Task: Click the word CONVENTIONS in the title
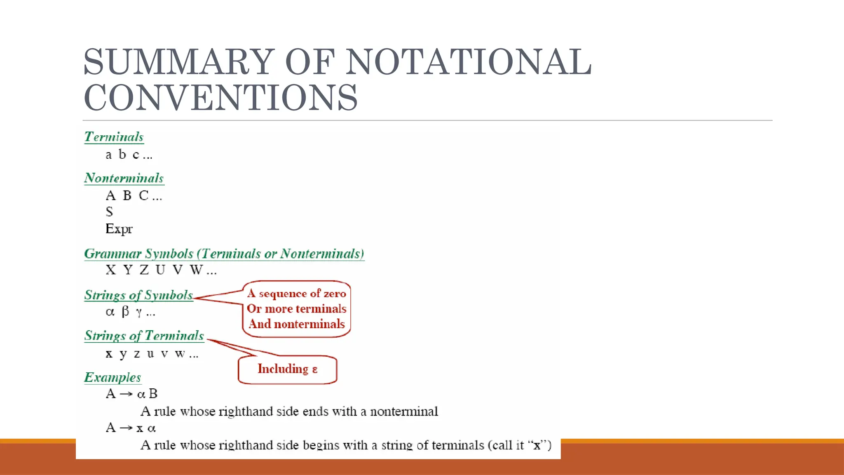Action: pyautogui.click(x=221, y=97)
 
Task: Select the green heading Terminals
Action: pyautogui.click(x=114, y=137)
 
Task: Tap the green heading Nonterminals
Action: pyautogui.click(x=124, y=178)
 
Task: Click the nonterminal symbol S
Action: pyautogui.click(x=109, y=212)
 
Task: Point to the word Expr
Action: pyautogui.click(x=119, y=229)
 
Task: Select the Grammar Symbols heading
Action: pyautogui.click(x=224, y=254)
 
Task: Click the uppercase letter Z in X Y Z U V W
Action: pyautogui.click(x=144, y=270)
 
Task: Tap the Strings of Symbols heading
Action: pyautogui.click(x=138, y=295)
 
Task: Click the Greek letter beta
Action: pyautogui.click(x=125, y=311)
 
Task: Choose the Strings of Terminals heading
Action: pyautogui.click(x=144, y=336)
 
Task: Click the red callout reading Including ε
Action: pyautogui.click(x=287, y=369)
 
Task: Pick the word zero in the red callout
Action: pyautogui.click(x=335, y=294)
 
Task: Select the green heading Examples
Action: pyautogui.click(x=113, y=377)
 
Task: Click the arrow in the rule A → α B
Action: pyautogui.click(x=126, y=395)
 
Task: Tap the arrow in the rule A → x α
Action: pyautogui.click(x=126, y=428)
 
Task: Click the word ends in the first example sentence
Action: pyautogui.click(x=316, y=412)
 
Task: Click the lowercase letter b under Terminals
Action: pyautogui.click(x=122, y=155)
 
